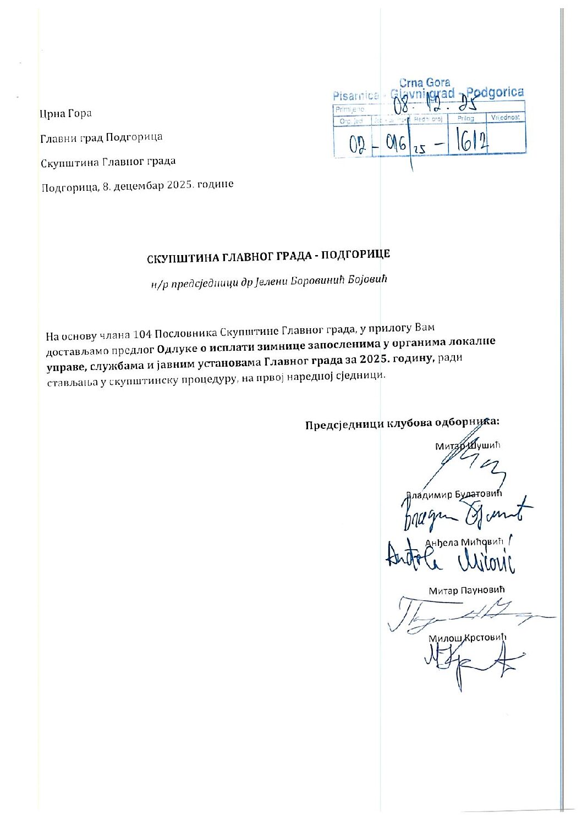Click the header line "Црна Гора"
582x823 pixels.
65,114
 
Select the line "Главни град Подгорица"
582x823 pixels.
101,137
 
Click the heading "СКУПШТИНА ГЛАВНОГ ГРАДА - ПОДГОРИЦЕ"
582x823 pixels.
268,256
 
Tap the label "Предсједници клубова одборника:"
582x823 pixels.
402,424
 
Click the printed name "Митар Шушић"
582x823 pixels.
468,445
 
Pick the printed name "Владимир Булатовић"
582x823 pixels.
454,494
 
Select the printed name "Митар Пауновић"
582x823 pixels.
466,590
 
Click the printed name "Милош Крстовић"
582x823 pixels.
467,638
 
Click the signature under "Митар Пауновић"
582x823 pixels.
468,615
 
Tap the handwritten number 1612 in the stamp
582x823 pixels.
469,142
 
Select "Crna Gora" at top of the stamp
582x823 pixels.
424,83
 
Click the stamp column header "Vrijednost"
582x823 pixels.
506,118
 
